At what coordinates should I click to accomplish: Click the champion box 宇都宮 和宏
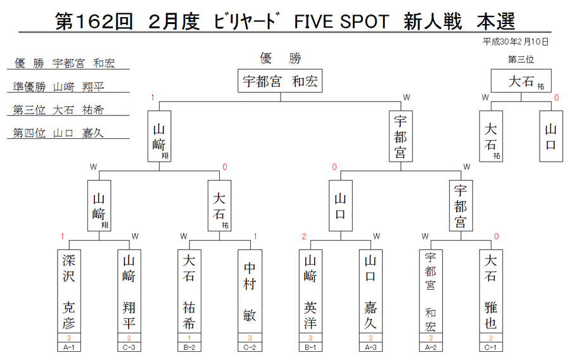click(280, 80)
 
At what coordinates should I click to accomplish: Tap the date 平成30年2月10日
click(516, 42)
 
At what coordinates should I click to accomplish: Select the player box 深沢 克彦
click(69, 292)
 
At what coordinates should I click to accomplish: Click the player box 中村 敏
click(250, 292)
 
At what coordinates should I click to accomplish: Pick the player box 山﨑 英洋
click(310, 292)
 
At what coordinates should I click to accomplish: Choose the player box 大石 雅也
click(491, 292)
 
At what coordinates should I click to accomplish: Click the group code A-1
click(69, 347)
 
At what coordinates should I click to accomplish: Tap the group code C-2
click(250, 347)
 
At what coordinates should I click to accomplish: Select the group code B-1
click(310, 347)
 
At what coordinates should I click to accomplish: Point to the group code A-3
click(370, 347)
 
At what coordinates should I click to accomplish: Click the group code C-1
click(491, 347)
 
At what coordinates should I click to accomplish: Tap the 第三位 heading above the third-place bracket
click(521, 60)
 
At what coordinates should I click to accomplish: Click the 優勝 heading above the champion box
click(281, 58)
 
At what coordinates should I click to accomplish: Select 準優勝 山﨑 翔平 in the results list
click(58, 87)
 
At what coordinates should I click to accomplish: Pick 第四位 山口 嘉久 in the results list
click(58, 133)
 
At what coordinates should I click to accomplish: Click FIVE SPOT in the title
click(342, 22)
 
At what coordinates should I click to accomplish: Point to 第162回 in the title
click(94, 22)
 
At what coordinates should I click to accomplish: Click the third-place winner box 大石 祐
click(521, 80)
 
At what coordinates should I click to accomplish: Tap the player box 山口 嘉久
click(370, 292)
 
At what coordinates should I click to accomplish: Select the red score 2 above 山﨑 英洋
click(304, 236)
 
